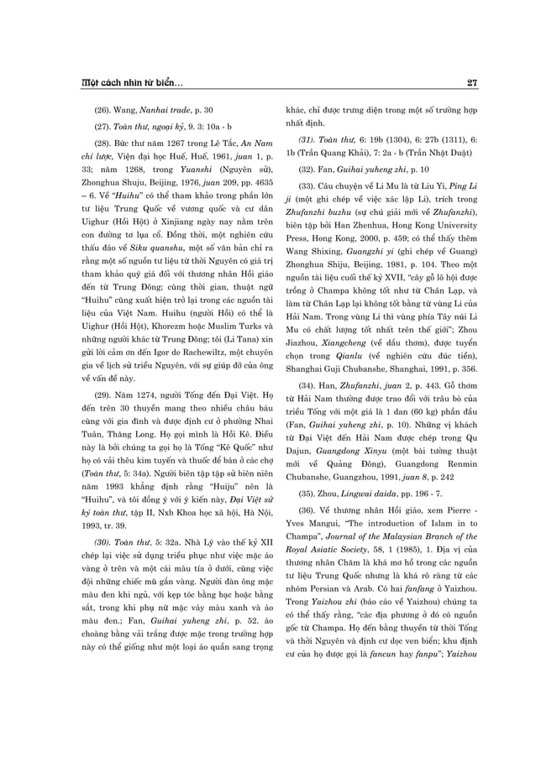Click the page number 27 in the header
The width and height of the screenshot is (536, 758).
point(472,82)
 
